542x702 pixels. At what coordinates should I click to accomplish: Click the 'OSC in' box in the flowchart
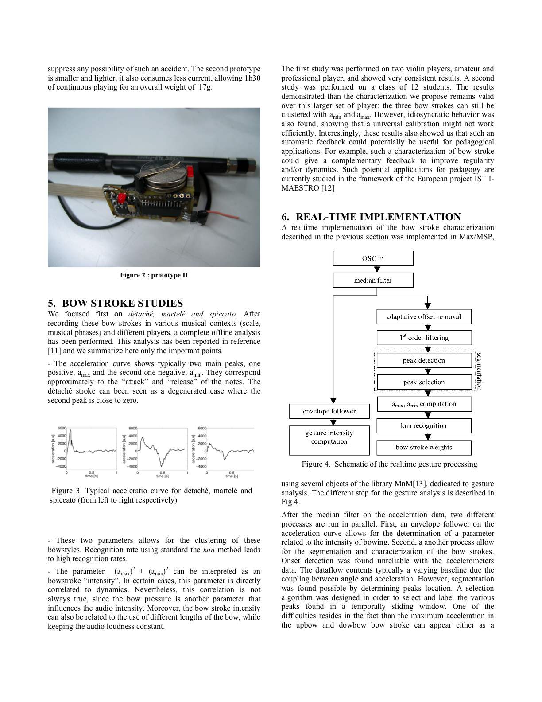pos(373,258)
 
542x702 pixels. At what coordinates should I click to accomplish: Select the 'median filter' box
pos(373,280)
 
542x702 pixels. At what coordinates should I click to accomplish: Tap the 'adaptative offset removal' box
pos(424,316)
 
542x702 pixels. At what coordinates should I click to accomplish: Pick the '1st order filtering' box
pos(424,338)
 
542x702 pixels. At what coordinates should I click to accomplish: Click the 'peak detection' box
pos(424,360)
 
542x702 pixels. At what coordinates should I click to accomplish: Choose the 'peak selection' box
pos(424,382)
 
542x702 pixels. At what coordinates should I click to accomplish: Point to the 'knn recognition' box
pos(424,426)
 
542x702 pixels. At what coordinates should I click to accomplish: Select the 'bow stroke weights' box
pos(424,448)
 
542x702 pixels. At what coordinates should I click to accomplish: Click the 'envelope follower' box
pos(329,411)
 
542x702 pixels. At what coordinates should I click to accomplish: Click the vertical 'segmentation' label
pos(478,371)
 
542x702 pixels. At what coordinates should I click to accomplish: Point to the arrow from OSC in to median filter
pos(377,269)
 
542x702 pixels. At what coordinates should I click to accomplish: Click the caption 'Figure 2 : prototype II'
pos(154,275)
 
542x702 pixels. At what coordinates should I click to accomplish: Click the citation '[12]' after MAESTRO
pos(328,188)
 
